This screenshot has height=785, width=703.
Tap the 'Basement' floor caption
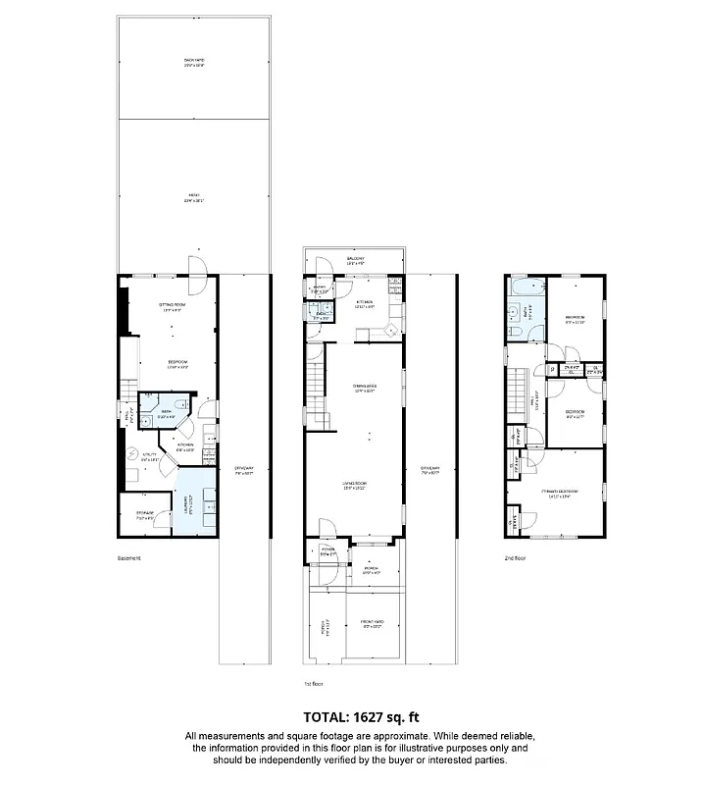(129, 558)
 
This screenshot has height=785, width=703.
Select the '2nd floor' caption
(515, 558)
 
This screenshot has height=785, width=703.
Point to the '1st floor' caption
(313, 683)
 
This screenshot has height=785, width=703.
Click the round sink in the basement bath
(150, 403)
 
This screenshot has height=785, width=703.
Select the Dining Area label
(365, 388)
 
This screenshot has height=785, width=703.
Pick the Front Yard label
(373, 624)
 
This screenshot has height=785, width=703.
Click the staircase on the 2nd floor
(516, 392)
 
